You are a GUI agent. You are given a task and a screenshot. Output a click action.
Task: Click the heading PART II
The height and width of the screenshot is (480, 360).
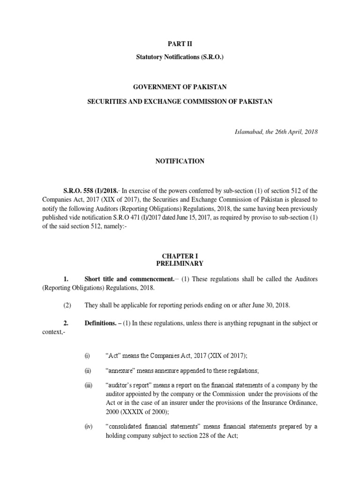tap(180, 44)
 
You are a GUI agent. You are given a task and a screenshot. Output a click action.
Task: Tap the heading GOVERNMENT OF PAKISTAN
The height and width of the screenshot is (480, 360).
tap(180, 88)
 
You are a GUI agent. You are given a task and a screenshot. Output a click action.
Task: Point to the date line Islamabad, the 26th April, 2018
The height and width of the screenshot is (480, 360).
tap(276, 132)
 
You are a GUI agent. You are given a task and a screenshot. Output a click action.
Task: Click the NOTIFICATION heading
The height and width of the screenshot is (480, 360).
tap(180, 161)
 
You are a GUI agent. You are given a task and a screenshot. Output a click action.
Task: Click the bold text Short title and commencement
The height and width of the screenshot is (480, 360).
tap(126, 279)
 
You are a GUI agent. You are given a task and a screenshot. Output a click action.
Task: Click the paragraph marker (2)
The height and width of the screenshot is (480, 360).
tap(67, 305)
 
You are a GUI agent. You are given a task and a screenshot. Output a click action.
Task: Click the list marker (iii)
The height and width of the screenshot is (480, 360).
tap(89, 386)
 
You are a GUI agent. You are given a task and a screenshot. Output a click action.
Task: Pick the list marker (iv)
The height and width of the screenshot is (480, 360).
tap(89, 427)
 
